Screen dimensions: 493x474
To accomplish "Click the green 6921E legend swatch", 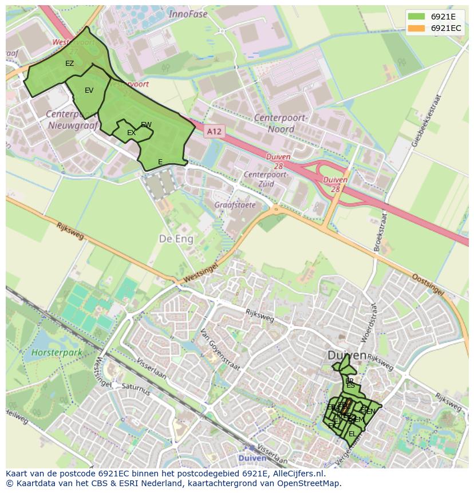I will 416,17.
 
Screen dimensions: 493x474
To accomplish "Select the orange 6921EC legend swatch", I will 416,28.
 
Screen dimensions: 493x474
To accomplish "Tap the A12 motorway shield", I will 214,132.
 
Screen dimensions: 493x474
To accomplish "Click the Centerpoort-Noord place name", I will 281,123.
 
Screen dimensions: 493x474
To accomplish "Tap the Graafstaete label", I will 235,204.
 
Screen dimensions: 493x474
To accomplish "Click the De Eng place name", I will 176,238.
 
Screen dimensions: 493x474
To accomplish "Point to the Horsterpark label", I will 57,353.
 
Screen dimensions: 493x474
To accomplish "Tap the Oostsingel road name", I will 428,285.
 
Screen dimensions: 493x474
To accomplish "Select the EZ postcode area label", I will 69,64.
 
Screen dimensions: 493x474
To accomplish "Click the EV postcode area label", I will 89,90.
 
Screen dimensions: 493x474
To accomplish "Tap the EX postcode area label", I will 131,133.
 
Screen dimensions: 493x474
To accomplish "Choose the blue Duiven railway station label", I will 252,458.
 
